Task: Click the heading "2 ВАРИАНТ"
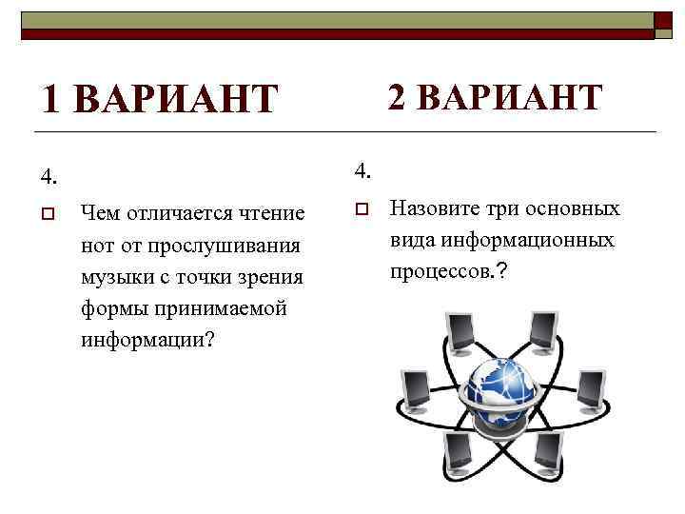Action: pos(496,97)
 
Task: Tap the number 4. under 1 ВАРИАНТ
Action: pos(49,176)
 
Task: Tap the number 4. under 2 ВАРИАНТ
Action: pos(362,171)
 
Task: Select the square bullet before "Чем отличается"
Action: pos(49,212)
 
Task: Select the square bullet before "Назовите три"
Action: pos(362,209)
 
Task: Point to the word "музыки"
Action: pos(117,277)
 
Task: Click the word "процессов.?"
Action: pos(448,271)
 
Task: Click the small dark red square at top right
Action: pos(662,20)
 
